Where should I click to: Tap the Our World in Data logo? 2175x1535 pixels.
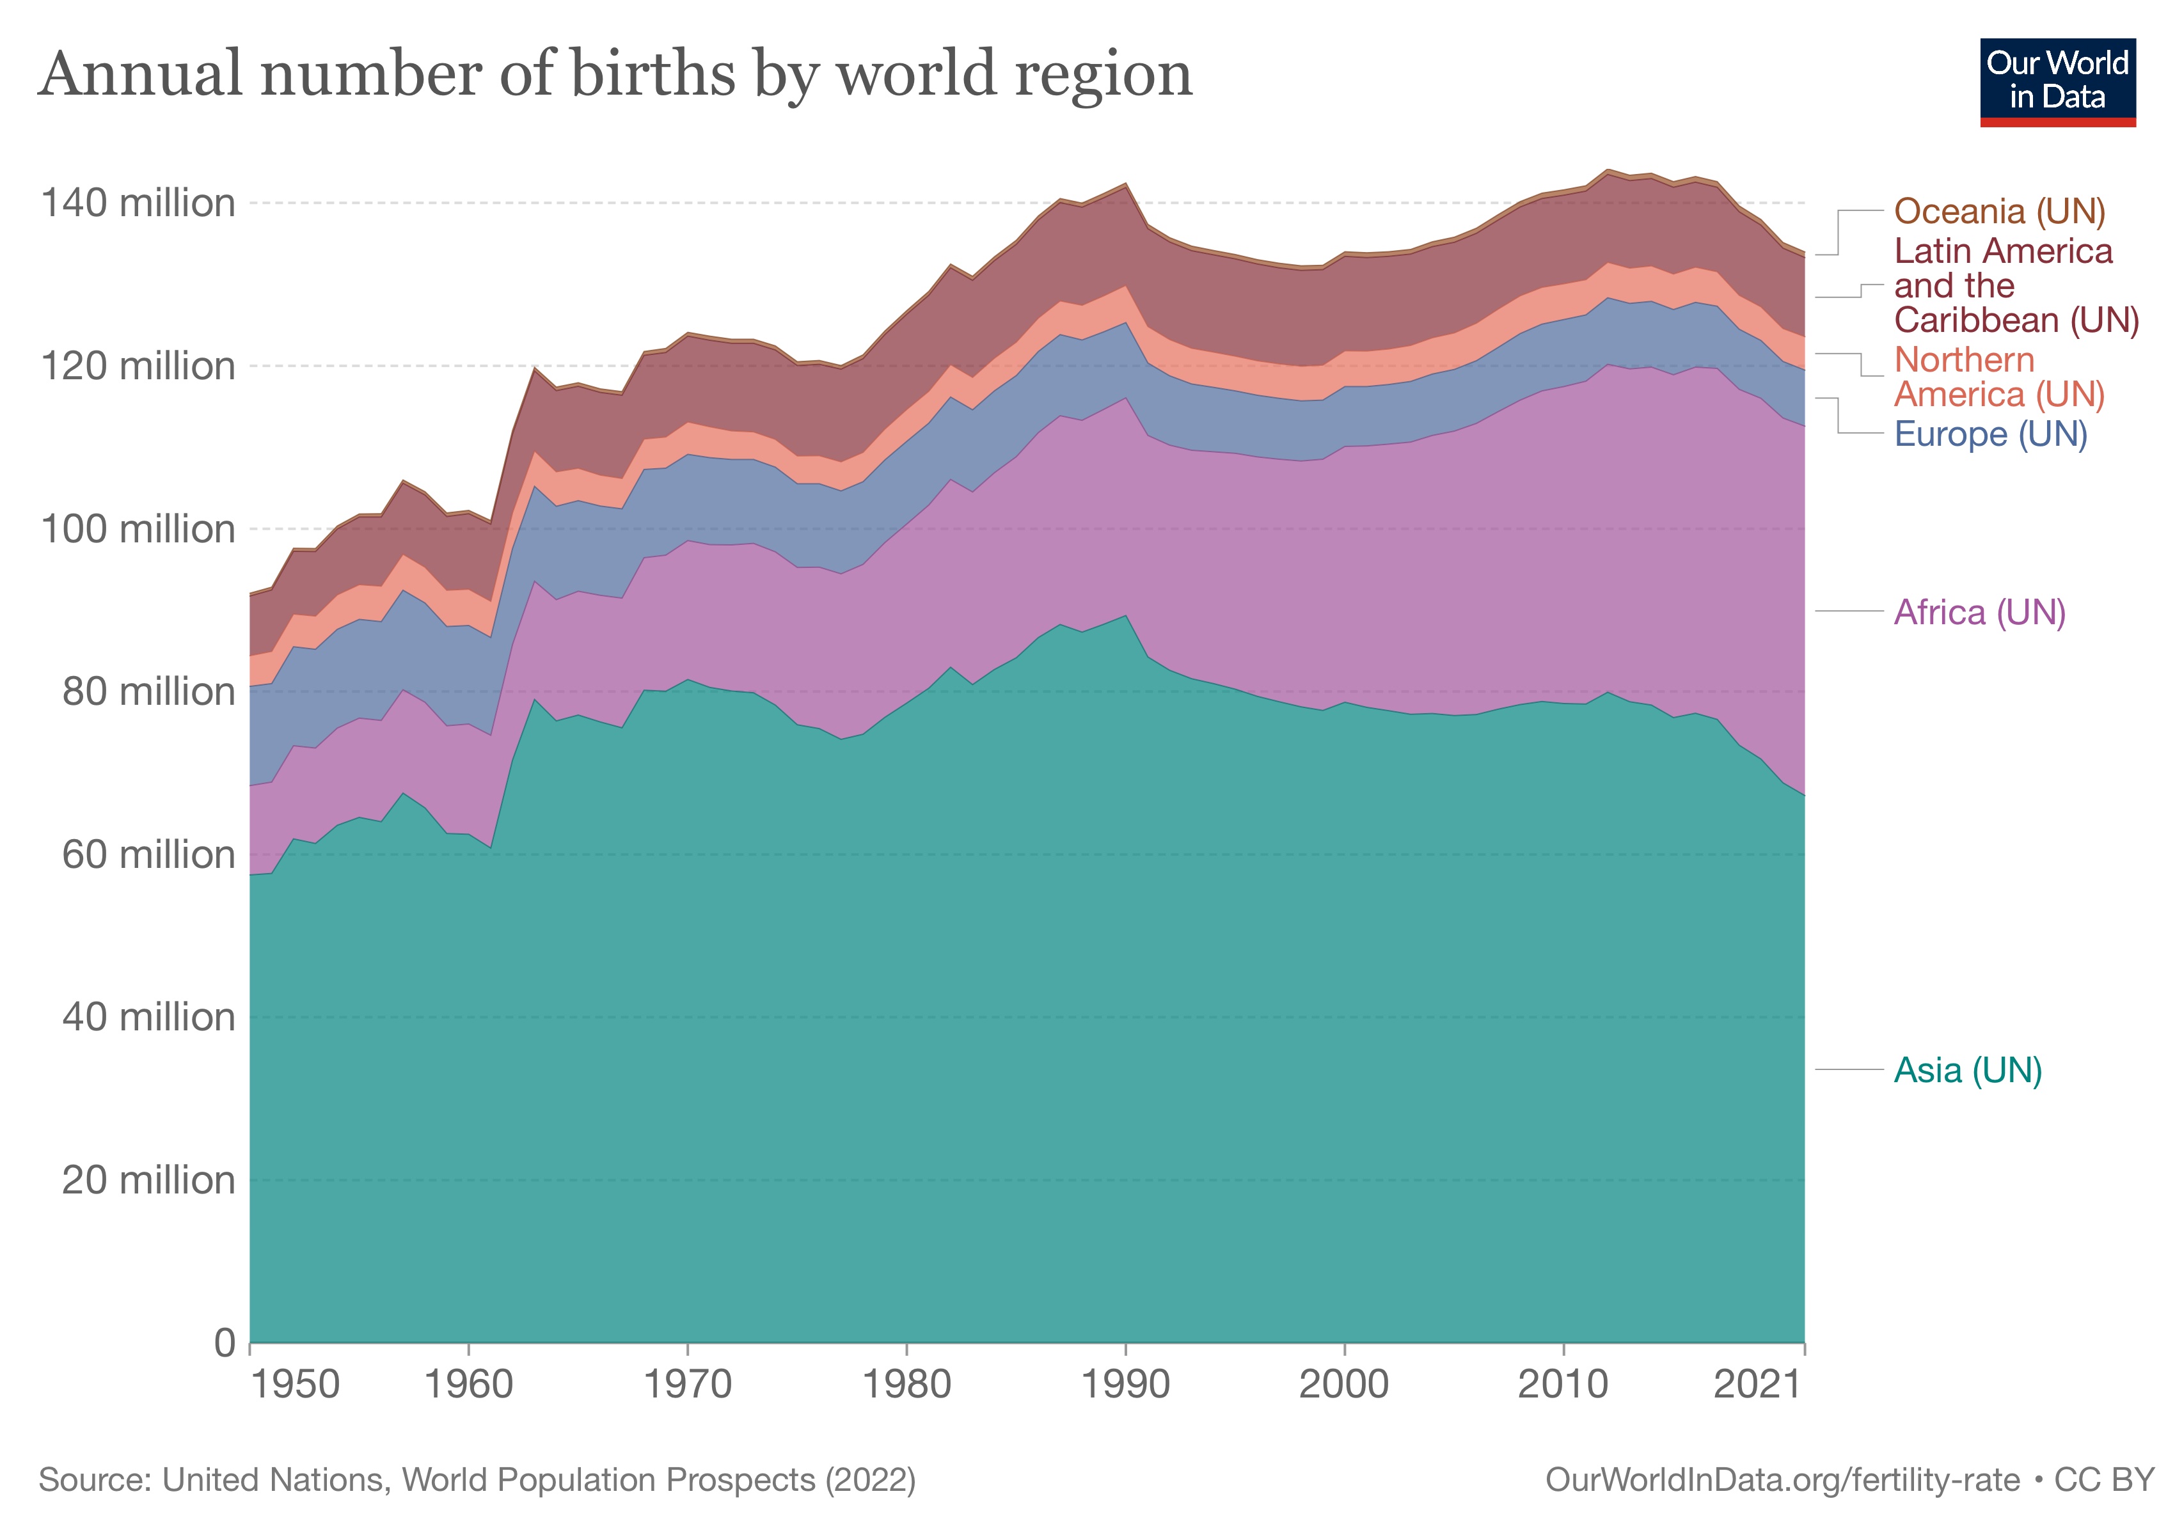point(2057,83)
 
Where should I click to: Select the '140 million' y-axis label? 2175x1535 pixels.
point(138,203)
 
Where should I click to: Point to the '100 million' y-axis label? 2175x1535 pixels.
point(138,530)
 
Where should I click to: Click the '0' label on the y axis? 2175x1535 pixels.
point(225,1342)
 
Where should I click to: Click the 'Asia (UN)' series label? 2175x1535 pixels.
point(1968,1071)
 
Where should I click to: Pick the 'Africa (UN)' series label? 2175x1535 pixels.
point(1979,613)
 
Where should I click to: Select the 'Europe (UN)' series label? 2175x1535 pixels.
point(1990,435)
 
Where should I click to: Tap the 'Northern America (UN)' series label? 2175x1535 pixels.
point(1999,377)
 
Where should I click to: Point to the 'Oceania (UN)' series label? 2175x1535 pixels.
point(2000,211)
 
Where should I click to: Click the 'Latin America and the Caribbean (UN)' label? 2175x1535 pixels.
point(2016,286)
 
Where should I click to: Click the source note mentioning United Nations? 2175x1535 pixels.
point(477,1480)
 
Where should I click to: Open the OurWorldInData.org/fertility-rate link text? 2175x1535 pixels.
point(1782,1480)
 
